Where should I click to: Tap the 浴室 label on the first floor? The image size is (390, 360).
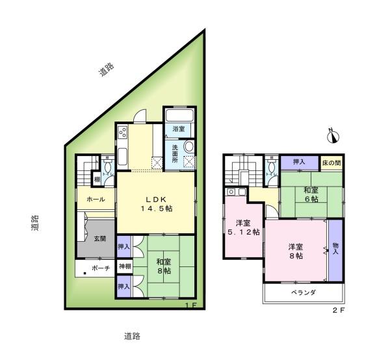point(178,129)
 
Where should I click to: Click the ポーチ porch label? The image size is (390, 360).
point(100,267)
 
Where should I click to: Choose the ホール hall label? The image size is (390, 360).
point(96,199)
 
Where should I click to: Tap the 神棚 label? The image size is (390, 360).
point(124,266)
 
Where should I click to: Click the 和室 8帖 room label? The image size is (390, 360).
point(162,266)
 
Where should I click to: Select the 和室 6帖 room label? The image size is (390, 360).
point(310,195)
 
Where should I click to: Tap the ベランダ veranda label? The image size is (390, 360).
point(303,293)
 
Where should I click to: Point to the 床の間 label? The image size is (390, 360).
point(333,162)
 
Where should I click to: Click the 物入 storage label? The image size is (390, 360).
point(335,248)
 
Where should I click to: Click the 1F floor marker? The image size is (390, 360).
point(189,305)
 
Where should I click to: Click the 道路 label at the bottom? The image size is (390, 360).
point(132,336)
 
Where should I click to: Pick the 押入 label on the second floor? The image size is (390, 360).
point(300,162)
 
